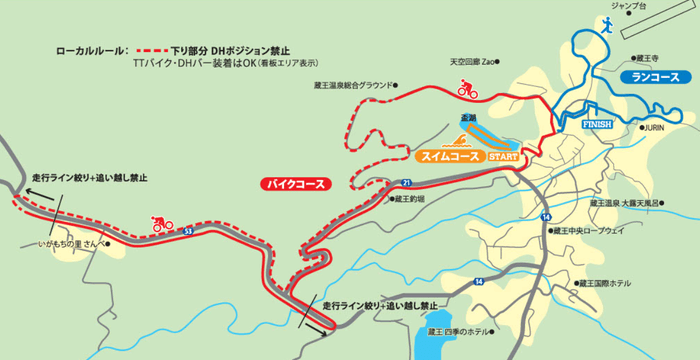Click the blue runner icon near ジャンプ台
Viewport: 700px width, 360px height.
pyautogui.click(x=607, y=25)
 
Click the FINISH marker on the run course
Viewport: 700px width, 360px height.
pyautogui.click(x=596, y=124)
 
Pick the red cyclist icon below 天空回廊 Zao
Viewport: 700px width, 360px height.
pyautogui.click(x=466, y=90)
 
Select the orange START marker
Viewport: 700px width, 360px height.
pyautogui.click(x=504, y=157)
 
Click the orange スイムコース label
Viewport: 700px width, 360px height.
pyautogui.click(x=448, y=157)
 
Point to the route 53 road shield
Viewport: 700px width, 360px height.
pyautogui.click(x=188, y=232)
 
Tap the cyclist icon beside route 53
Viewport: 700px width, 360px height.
pyautogui.click(x=161, y=224)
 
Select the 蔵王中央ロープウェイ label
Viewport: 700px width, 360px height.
pyautogui.click(x=590, y=230)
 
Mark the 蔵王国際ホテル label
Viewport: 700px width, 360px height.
pyautogui.click(x=607, y=283)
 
